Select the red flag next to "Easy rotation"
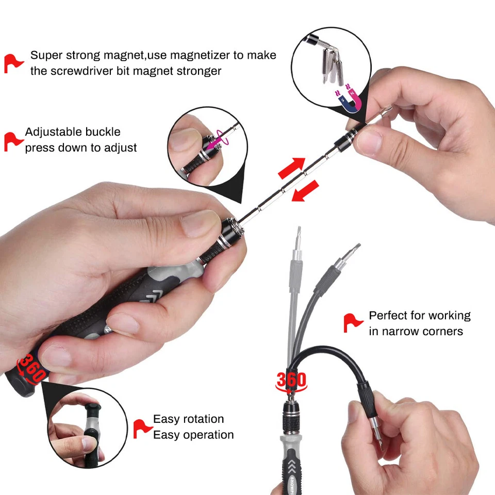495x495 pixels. pyautogui.click(x=142, y=427)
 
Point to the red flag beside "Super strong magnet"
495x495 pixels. pyautogui.click(x=13, y=62)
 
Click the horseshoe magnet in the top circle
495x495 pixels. pyautogui.click(x=350, y=97)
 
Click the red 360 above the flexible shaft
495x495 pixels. pyautogui.click(x=291, y=381)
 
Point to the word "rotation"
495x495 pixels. pyautogui.click(x=201, y=419)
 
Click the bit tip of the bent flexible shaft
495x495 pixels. pyautogui.click(x=376, y=436)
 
